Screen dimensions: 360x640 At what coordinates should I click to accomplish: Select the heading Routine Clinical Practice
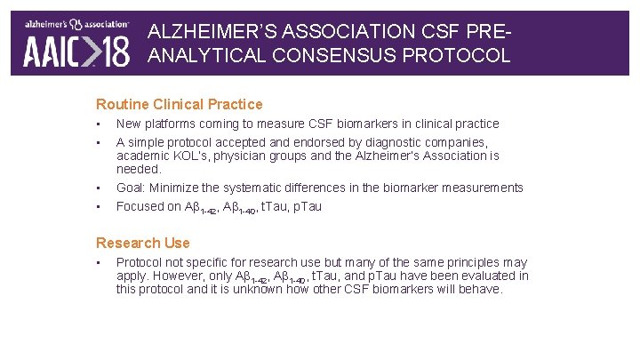coord(179,104)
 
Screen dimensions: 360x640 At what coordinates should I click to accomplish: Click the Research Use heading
coord(142,243)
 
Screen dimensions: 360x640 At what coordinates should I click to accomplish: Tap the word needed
coord(139,169)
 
